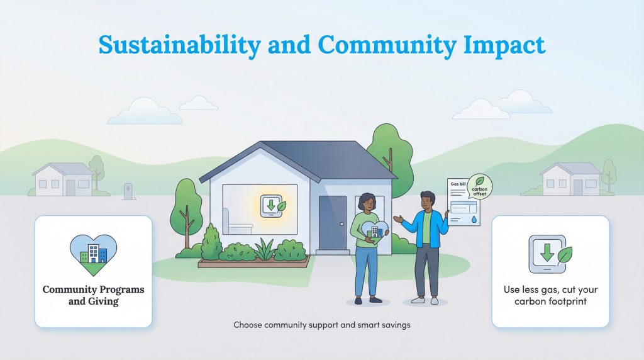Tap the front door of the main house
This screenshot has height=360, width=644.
point(332,222)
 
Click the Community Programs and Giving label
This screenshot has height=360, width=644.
point(93,295)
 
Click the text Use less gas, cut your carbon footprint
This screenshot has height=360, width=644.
point(550,296)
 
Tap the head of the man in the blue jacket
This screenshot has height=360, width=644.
point(427,200)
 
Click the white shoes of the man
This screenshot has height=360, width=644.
point(426,301)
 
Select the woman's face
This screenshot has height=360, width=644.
point(365,203)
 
